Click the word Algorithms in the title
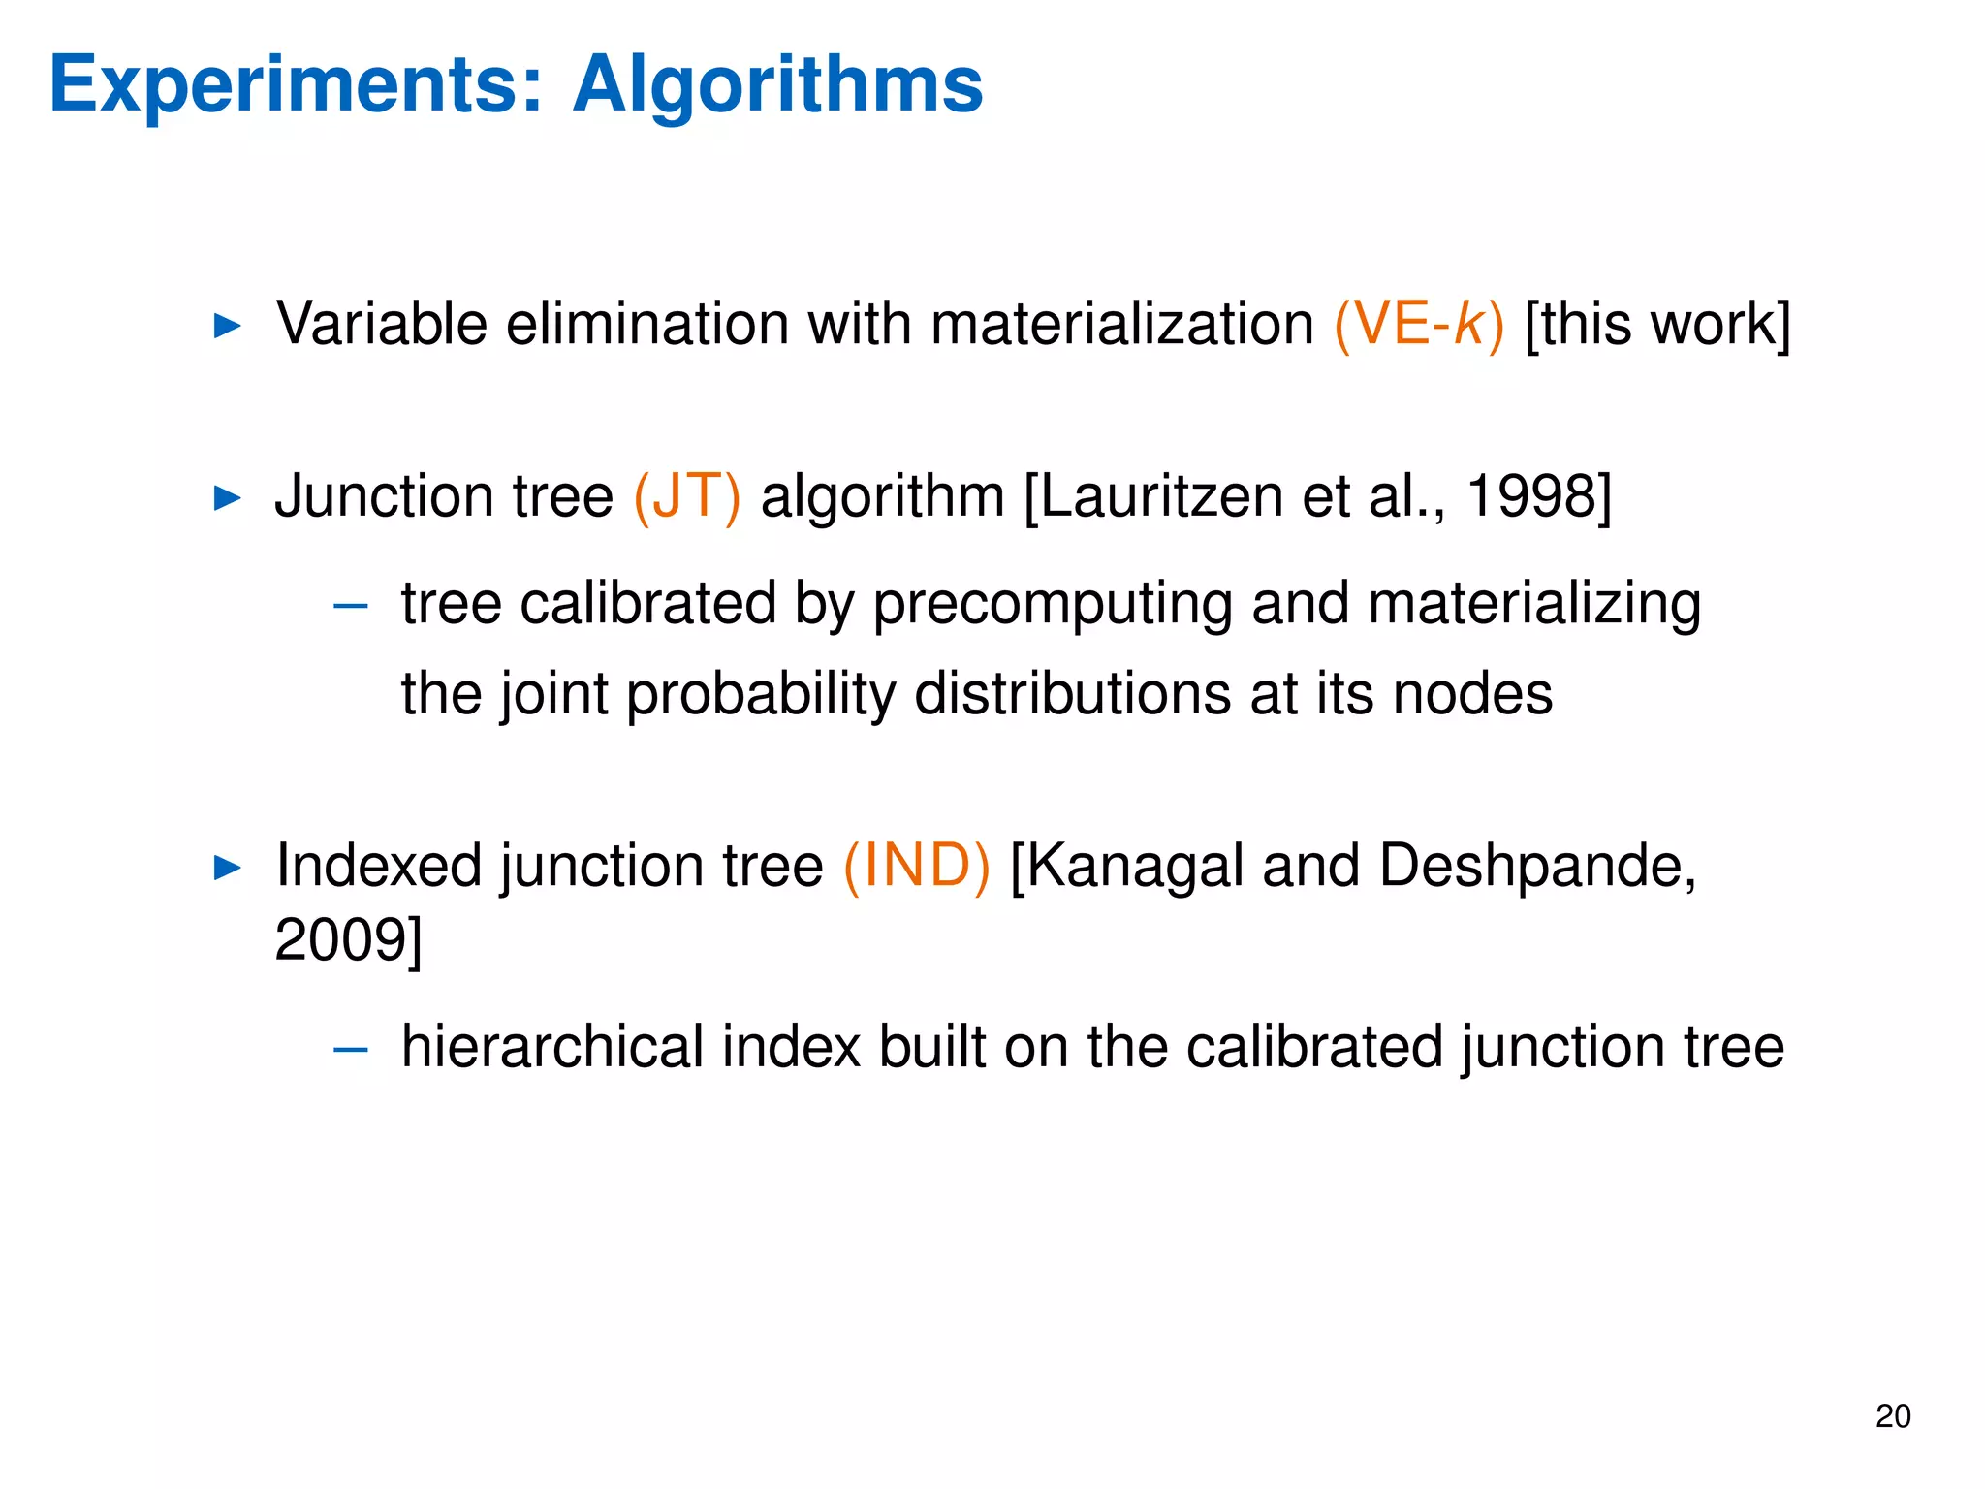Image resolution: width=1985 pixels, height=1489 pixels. pos(777,85)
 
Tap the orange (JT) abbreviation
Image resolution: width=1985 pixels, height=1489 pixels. pos(686,496)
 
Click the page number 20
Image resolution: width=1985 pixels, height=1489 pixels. pos(1893,1416)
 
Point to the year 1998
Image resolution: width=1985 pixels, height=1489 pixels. pos(1530,496)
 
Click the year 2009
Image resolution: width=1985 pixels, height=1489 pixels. pos(341,939)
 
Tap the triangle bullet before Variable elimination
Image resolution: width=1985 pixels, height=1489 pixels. pos(227,326)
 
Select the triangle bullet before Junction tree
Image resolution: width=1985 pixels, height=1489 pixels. pos(227,499)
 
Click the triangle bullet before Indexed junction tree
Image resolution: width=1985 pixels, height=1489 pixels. pos(227,868)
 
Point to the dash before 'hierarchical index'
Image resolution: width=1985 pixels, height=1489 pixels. pos(350,1050)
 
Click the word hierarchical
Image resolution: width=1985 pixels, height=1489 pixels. pos(552,1047)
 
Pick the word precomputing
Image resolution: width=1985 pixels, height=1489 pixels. pos(1053,604)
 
